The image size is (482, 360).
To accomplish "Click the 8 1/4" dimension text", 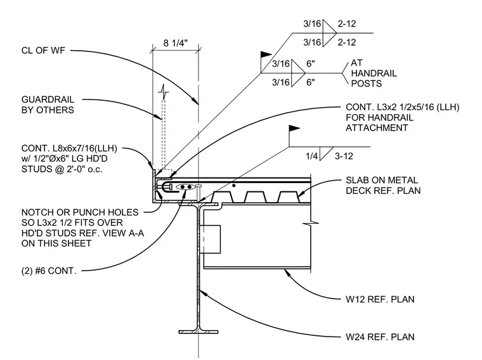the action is click(x=175, y=42).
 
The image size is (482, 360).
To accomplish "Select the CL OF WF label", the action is click(x=43, y=50).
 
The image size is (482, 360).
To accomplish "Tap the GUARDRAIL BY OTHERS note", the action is click(x=48, y=105).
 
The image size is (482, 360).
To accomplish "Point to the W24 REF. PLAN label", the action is click(x=380, y=337).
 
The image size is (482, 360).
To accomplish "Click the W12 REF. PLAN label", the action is click(x=380, y=299).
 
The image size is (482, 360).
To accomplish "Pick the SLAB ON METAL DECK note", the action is click(x=383, y=185).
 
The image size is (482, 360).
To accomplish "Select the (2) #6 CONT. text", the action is click(x=49, y=271).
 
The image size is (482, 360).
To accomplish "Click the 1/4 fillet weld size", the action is click(x=311, y=156).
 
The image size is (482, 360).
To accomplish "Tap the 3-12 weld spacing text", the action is click(x=344, y=156).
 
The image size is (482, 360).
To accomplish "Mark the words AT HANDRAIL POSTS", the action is click(x=374, y=73).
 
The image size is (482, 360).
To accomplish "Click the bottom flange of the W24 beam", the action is click(x=199, y=331).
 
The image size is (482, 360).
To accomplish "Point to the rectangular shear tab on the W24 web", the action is click(x=210, y=240).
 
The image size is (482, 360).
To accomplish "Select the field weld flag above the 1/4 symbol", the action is click(x=294, y=128).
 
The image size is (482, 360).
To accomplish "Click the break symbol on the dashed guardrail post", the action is click(x=164, y=92).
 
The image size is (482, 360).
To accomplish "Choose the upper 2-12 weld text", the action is click(x=347, y=23).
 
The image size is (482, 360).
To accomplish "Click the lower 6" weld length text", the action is click(x=311, y=82).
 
